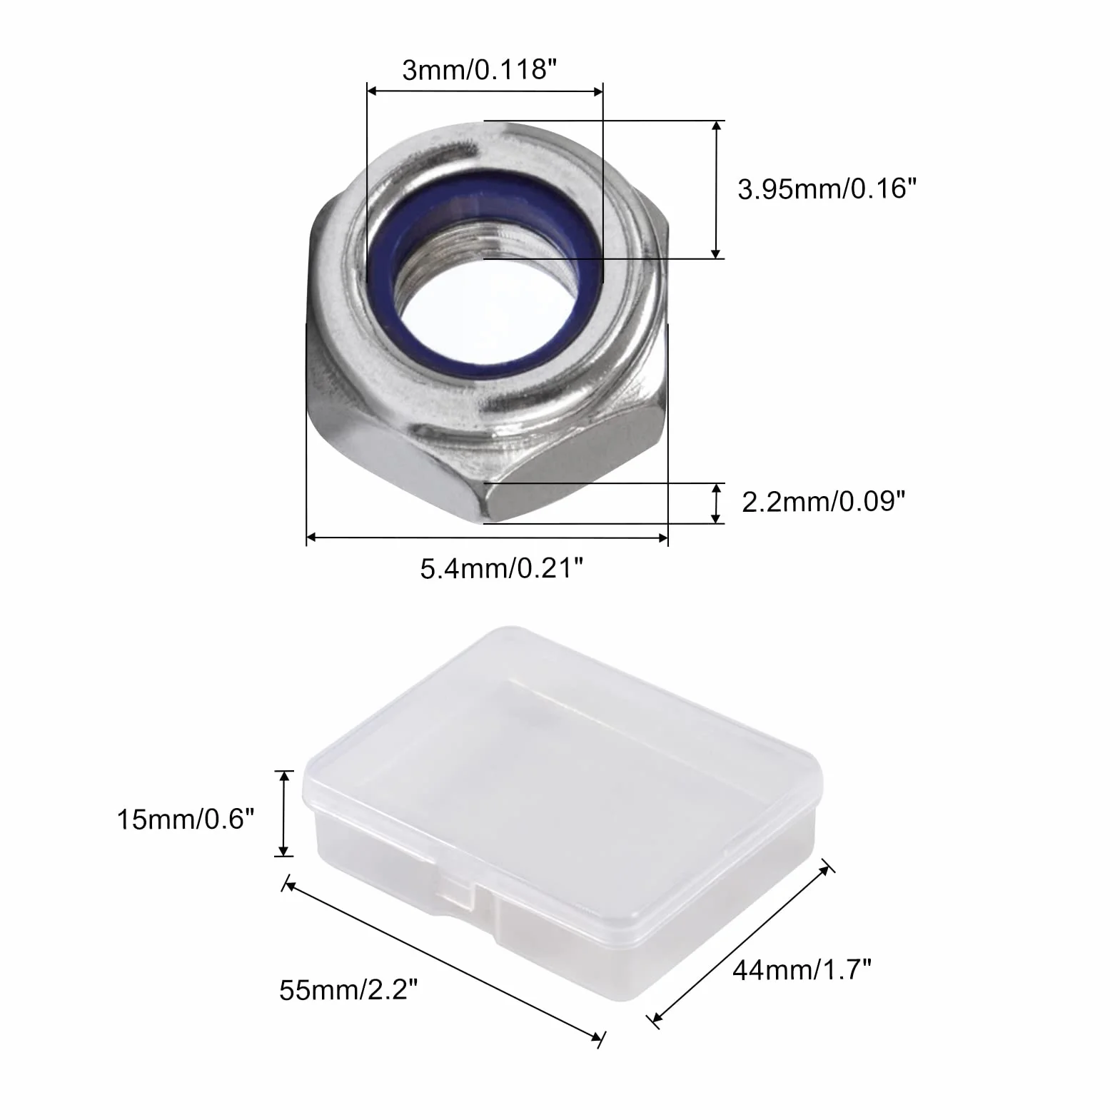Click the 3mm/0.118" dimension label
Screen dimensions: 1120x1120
pos(479,70)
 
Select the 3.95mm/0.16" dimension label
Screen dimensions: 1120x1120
pos(827,189)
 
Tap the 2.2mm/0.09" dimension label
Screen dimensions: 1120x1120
pos(823,502)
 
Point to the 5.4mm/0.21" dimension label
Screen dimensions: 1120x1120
pos(501,569)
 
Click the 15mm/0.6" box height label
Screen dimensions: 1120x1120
pos(186,819)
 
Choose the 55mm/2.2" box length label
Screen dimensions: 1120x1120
pos(348,990)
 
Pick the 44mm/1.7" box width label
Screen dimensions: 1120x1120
pos(802,970)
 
